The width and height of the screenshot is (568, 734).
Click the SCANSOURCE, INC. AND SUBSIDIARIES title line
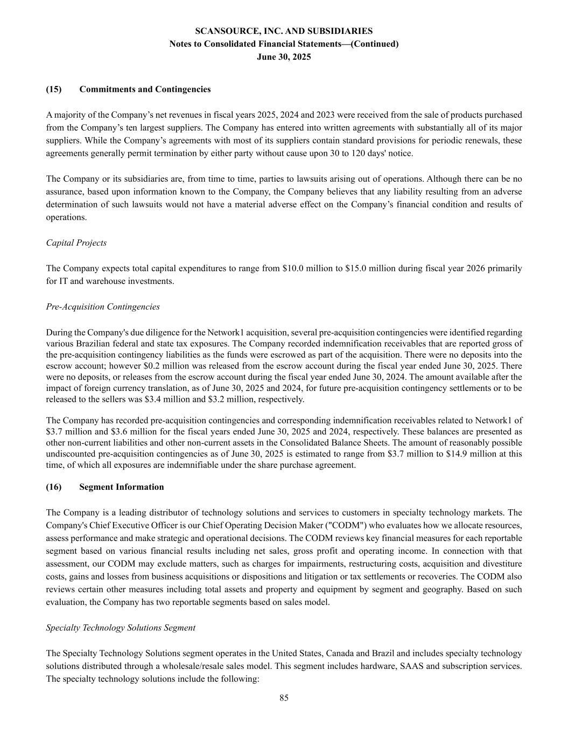(x=284, y=31)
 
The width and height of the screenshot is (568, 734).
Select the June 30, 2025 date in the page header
(x=284, y=56)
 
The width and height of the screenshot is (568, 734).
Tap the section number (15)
(x=54, y=89)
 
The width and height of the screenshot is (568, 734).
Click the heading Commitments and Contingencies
(x=145, y=89)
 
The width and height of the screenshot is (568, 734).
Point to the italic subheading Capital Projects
(x=76, y=243)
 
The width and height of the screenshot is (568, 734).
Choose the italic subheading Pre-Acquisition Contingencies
(x=103, y=307)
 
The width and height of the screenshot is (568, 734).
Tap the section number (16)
(x=54, y=487)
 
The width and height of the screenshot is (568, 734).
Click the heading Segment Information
(x=121, y=487)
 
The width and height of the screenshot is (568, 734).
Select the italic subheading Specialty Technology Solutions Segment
(x=121, y=628)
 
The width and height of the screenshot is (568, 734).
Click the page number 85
(x=284, y=698)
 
